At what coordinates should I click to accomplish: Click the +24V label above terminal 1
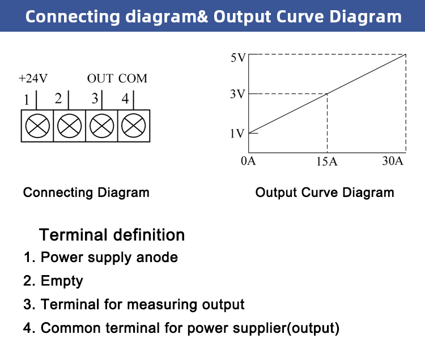(33, 78)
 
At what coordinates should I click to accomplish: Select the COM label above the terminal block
(133, 78)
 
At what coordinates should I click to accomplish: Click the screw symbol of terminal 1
(37, 126)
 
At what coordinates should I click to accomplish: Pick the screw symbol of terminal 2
(69, 126)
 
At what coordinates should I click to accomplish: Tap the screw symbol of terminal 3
(101, 126)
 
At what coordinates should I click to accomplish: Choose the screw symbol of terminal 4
(133, 126)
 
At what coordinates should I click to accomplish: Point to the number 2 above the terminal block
(58, 98)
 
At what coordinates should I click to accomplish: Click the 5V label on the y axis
(238, 58)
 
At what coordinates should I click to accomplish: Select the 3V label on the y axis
(237, 94)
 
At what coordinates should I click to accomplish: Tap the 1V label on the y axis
(237, 134)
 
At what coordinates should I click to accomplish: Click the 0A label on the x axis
(248, 161)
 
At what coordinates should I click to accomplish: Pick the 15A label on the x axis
(327, 161)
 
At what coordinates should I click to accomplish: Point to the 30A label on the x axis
(393, 161)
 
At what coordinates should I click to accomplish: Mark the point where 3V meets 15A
(327, 94)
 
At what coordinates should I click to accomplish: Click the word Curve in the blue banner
(300, 16)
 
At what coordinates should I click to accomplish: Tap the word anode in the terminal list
(157, 257)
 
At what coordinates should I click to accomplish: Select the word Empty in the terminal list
(62, 281)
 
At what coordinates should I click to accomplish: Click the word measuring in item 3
(163, 305)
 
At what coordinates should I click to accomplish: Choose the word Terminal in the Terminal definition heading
(73, 235)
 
